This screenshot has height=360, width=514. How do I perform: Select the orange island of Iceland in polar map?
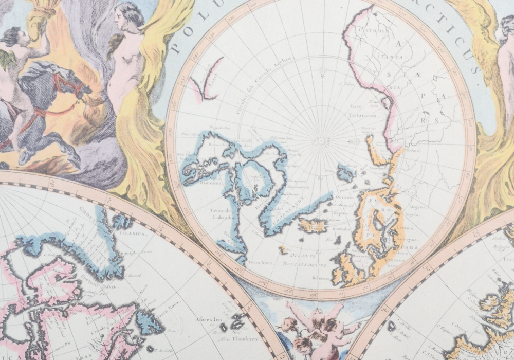(313, 225)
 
